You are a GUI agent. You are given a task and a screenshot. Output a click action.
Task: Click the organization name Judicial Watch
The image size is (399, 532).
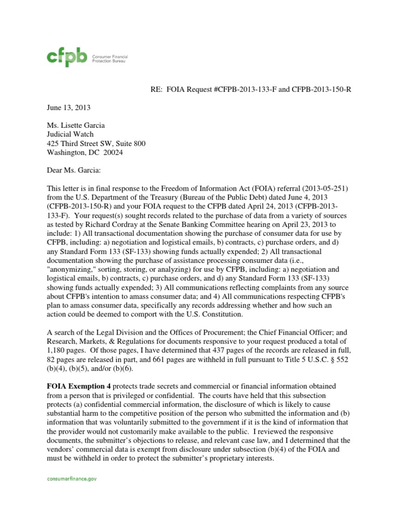coord(67,134)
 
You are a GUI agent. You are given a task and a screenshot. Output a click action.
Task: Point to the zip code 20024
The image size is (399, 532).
coord(113,153)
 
